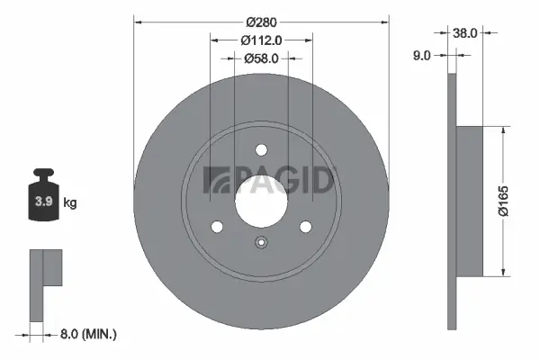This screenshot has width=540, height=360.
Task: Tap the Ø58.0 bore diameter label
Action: pos(261,58)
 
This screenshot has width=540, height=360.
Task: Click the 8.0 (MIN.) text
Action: pos(87,334)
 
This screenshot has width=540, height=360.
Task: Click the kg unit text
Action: pos(69,203)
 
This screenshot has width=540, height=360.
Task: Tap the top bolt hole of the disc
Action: pos(261,150)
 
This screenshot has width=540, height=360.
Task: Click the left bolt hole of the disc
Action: pos(217,227)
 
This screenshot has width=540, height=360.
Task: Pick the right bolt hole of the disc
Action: pos(305,227)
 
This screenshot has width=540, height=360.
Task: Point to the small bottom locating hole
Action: pos(261,241)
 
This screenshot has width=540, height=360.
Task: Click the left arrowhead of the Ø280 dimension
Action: pos(138,17)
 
